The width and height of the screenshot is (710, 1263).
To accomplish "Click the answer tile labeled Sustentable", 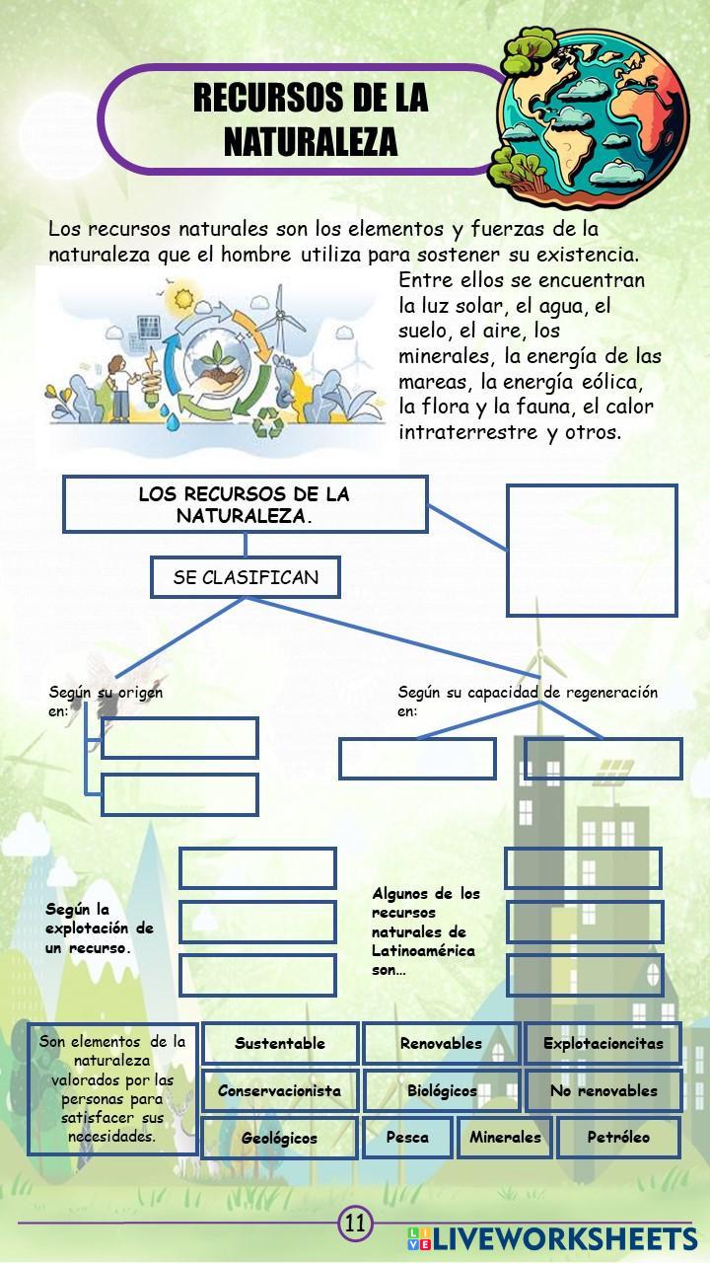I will pos(280,1043).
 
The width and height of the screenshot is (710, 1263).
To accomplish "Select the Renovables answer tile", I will pos(441,1043).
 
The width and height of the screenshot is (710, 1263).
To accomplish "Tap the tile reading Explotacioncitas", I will pos(603,1043).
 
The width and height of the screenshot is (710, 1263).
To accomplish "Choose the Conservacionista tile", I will pos(280,1090).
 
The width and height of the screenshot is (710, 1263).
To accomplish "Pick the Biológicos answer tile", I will pos(441,1090).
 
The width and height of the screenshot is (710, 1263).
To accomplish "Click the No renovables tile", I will pos(603,1090).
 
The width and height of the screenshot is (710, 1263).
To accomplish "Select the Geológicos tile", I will pos(279,1138).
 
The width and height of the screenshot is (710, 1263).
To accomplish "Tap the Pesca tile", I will pos(407,1137).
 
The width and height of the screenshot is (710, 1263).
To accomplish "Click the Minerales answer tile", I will pos(505,1137).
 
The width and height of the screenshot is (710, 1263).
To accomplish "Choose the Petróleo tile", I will pos(618,1137).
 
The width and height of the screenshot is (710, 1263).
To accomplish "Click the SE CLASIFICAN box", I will pos(246,578).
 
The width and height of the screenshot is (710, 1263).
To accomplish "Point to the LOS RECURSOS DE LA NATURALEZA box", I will pos(245,504).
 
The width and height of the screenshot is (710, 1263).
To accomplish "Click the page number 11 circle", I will pos(355,1225).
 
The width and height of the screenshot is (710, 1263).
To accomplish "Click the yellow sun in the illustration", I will pos(181,297).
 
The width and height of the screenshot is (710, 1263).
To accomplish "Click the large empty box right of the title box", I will pos(592,550).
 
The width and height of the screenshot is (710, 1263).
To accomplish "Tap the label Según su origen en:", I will pos(106,701).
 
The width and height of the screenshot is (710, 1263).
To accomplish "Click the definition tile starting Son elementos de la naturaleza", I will pos(112,1088).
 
